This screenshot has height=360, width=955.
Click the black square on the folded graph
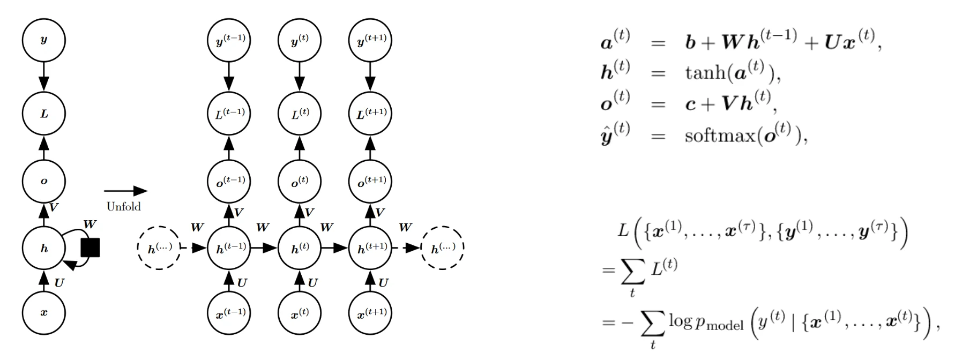[x=90, y=248]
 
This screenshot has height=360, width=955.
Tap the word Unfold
[x=124, y=207]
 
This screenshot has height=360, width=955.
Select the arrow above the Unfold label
[x=125, y=191]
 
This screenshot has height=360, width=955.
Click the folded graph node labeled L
[x=44, y=114]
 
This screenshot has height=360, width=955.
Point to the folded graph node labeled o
[x=44, y=181]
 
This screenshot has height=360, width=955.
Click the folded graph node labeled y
[x=44, y=40]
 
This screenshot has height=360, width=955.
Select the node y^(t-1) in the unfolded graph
[x=229, y=40]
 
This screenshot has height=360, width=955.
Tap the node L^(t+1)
[x=370, y=113]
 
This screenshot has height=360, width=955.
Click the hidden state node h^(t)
[x=300, y=248]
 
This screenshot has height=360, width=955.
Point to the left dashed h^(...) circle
[x=159, y=248]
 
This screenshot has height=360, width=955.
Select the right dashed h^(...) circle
[x=443, y=248]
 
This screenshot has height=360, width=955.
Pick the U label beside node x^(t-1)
[x=242, y=283]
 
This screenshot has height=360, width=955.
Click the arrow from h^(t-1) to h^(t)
[x=265, y=248]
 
